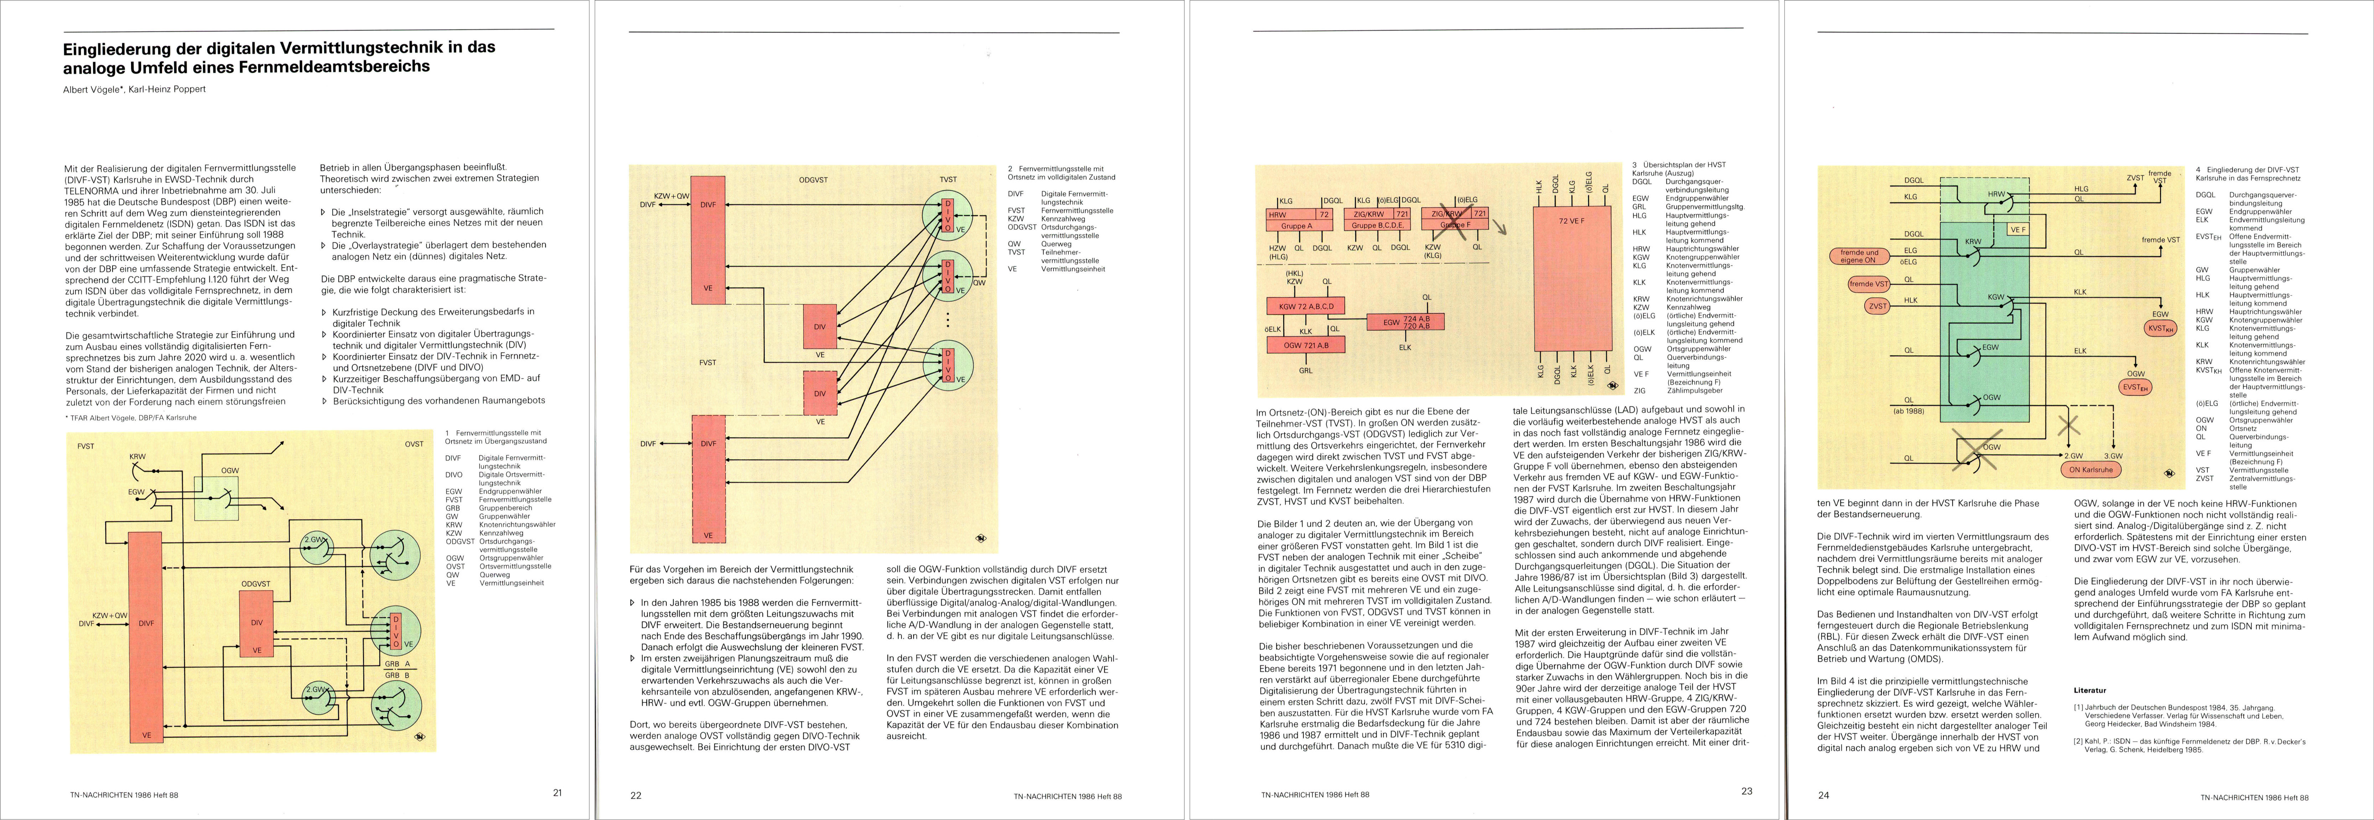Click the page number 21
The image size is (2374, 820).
click(557, 792)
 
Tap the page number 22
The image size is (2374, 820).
click(635, 795)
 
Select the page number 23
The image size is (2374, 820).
click(1746, 790)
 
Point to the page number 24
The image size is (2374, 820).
click(1823, 795)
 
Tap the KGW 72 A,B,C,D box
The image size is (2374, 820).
click(1305, 306)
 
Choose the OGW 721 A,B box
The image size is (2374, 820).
click(1305, 346)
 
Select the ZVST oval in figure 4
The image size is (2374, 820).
click(1877, 306)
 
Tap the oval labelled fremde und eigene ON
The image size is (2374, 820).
click(1858, 256)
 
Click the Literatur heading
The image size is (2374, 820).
click(2089, 690)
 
